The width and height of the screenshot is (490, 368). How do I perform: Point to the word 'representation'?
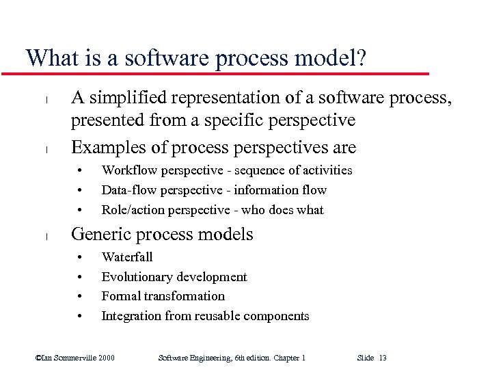point(227,100)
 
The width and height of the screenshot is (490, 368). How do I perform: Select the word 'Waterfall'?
point(127,257)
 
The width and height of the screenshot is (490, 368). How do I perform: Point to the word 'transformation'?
point(184,296)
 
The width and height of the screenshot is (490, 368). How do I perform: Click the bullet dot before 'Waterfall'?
point(81,258)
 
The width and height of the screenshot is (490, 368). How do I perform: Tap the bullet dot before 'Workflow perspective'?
point(81,171)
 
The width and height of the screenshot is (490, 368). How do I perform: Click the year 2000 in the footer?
point(107,358)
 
